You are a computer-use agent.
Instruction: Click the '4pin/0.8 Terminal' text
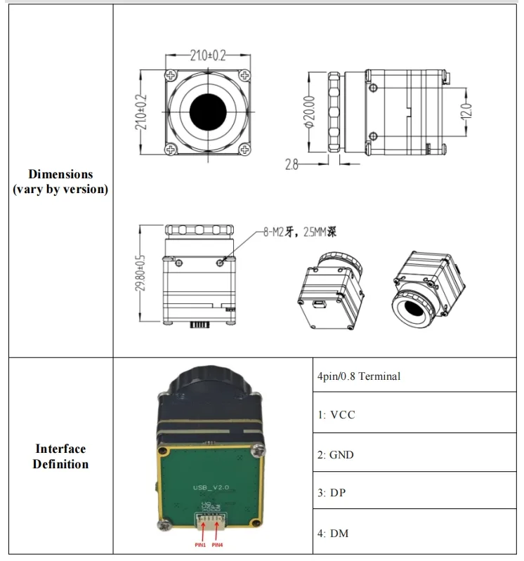pos(359,376)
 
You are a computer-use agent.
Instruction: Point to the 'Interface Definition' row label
pos(60,456)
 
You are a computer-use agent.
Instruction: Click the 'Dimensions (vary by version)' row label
pos(60,182)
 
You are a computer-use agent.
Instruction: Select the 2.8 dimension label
pos(292,165)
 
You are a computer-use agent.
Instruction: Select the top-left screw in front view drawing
pos(170,74)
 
